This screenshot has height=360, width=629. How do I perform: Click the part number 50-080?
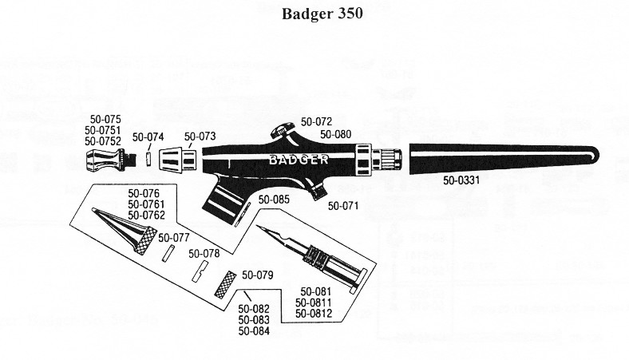(336, 134)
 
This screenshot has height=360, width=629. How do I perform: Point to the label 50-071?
(343, 205)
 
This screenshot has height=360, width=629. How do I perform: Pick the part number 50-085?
(274, 200)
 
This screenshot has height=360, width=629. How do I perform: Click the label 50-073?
(200, 136)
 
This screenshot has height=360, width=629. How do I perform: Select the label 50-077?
(174, 237)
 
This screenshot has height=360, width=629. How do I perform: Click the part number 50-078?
(204, 253)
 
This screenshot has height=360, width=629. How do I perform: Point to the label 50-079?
(258, 275)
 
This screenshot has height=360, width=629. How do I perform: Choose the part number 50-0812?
(312, 314)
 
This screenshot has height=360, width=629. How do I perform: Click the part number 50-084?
(254, 330)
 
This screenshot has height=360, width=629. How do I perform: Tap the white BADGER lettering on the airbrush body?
(299, 159)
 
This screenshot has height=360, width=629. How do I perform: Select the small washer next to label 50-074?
(148, 158)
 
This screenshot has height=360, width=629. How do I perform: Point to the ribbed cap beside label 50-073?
(179, 160)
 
